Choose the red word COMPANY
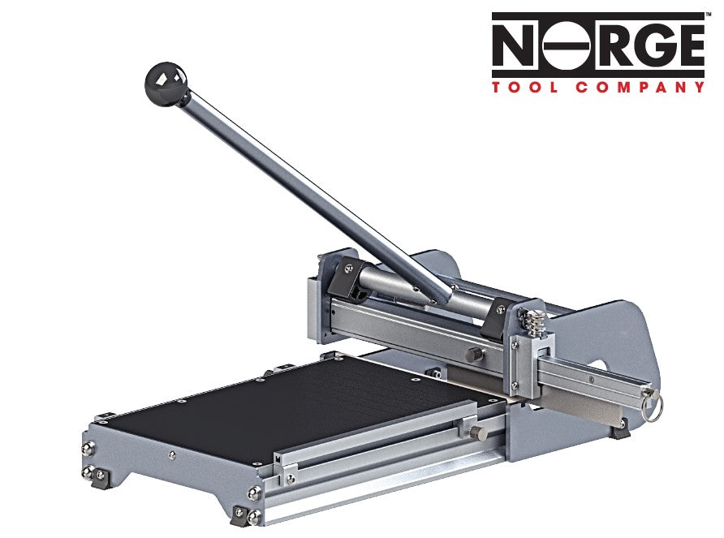pos(640,87)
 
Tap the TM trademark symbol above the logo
pos(709,14)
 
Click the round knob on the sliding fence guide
pos(481,426)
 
